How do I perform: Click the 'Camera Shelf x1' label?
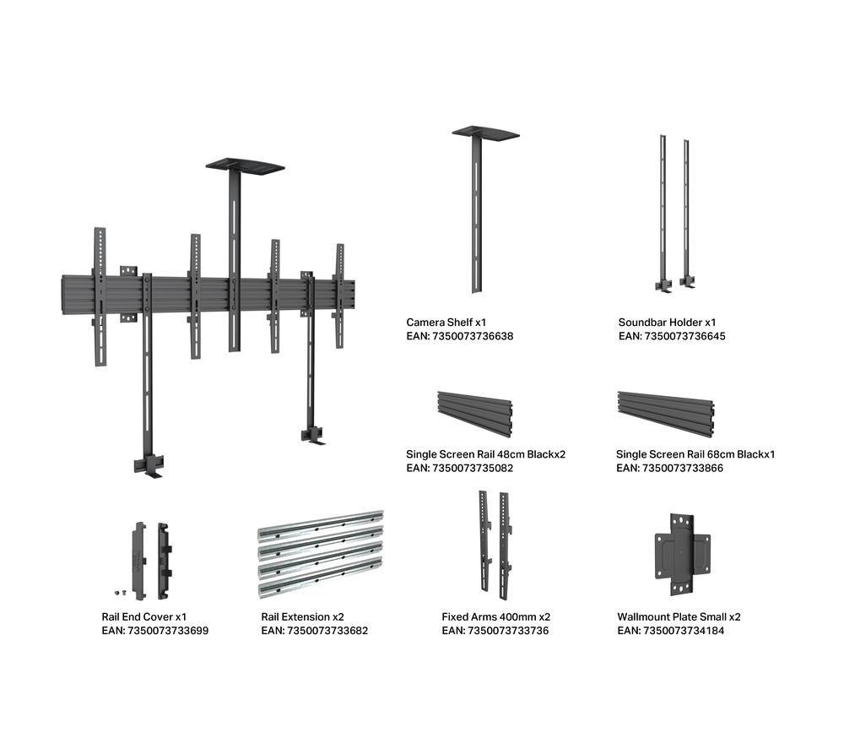tap(446, 323)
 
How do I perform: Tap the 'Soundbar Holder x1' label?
tap(667, 323)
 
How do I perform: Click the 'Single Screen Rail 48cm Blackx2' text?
tap(485, 454)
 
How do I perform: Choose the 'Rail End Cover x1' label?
tap(143, 617)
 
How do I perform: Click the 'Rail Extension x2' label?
tap(302, 617)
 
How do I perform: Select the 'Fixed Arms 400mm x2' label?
tap(495, 617)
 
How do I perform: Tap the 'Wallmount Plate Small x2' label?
tap(679, 617)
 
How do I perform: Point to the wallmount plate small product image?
tap(682, 555)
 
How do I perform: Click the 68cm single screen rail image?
tap(666, 414)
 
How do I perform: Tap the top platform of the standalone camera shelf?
tap(485, 133)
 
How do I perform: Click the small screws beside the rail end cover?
tap(120, 593)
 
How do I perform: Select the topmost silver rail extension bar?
tap(321, 525)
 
